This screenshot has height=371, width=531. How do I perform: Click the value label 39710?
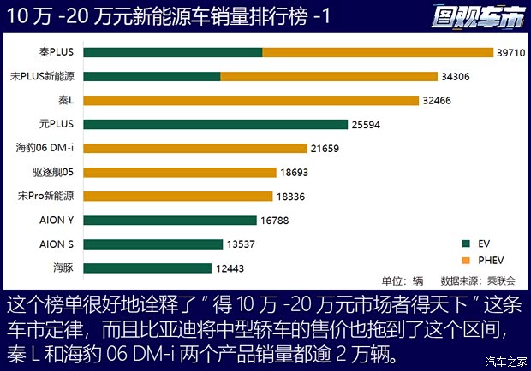510,53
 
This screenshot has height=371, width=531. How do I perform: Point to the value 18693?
294,173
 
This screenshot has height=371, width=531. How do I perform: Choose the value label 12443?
229,268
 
